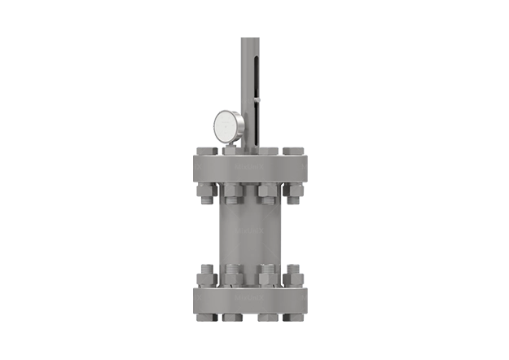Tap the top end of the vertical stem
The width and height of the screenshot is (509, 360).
pyautogui.click(x=248, y=37)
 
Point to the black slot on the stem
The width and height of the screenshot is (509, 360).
pyautogui.click(x=257, y=81)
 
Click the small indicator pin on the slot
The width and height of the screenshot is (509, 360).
pyautogui.click(x=257, y=100)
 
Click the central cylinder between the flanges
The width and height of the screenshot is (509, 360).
pyautogui.click(x=248, y=232)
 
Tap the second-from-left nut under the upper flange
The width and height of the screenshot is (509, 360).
pyautogui.click(x=233, y=193)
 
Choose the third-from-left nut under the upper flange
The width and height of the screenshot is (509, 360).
pyautogui.click(x=265, y=193)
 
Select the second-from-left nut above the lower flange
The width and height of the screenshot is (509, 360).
pyautogui.click(x=233, y=274)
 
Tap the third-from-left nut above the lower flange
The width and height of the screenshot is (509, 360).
pyautogui.click(x=265, y=274)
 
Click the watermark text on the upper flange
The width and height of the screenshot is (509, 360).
pyautogui.click(x=248, y=165)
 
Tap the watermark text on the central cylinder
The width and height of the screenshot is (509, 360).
pyautogui.click(x=248, y=232)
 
